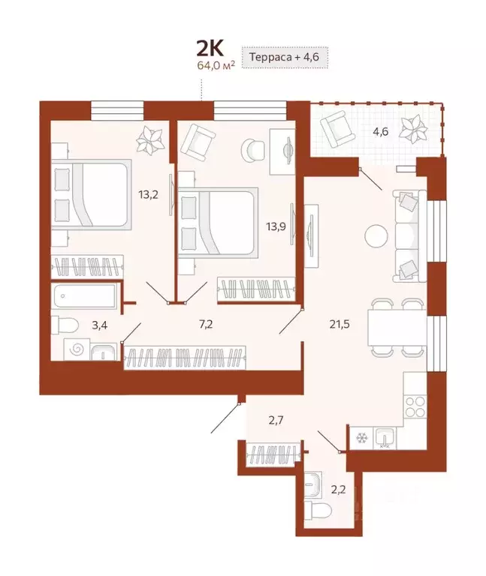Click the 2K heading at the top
pyautogui.click(x=210, y=49)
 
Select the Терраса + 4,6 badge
pyautogui.click(x=285, y=56)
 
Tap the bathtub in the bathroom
pyautogui.click(x=83, y=297)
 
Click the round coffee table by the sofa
pyautogui.click(x=376, y=236)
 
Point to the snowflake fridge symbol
pyautogui.click(x=360, y=437)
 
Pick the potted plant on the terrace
pyautogui.click(x=413, y=129)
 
